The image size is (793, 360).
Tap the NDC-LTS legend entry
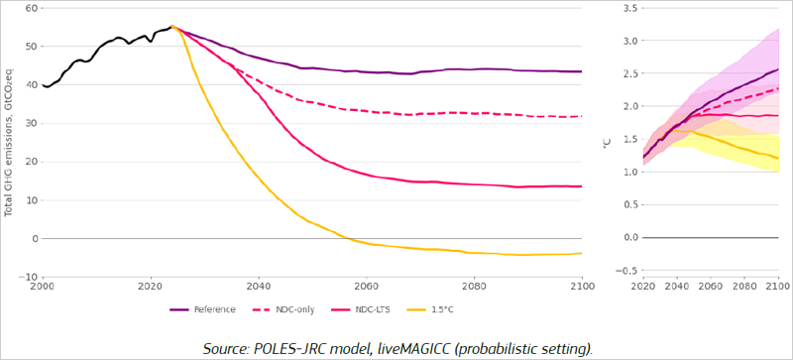[372, 309]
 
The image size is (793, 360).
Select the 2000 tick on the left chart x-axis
[42, 288]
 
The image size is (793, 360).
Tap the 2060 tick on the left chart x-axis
[366, 288]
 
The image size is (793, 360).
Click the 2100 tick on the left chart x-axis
[581, 288]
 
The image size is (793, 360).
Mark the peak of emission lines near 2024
[171, 27]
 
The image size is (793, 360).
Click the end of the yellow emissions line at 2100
[581, 253]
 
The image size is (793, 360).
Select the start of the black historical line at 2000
[43, 85]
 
